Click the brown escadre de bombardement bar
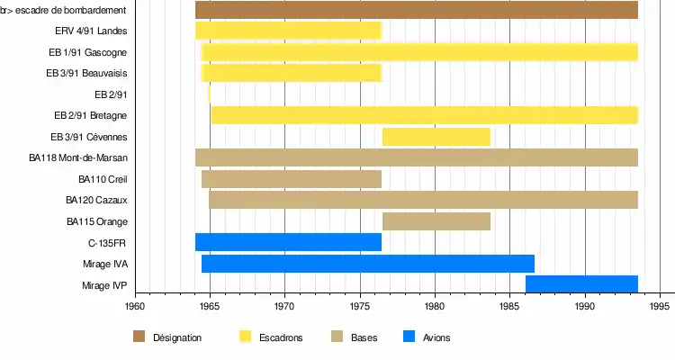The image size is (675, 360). [x=417, y=11]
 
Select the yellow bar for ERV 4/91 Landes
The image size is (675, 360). [x=288, y=31]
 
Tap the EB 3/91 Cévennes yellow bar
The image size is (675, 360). [x=436, y=137]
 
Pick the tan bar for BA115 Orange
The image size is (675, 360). [x=436, y=221]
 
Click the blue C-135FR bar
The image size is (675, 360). [x=288, y=242]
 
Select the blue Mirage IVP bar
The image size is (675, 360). [x=581, y=284]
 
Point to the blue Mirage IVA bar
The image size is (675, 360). [x=368, y=264]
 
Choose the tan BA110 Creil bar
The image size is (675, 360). [x=292, y=179]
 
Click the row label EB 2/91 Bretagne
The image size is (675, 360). [x=90, y=116]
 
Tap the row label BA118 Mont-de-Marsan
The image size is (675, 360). [x=77, y=158]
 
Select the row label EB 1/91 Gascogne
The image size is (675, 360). [x=87, y=52]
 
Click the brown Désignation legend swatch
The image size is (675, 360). [x=139, y=337]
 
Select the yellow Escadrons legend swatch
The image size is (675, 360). [x=245, y=337]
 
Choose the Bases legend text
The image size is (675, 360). [x=364, y=337]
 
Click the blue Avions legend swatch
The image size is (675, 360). [x=409, y=337]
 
